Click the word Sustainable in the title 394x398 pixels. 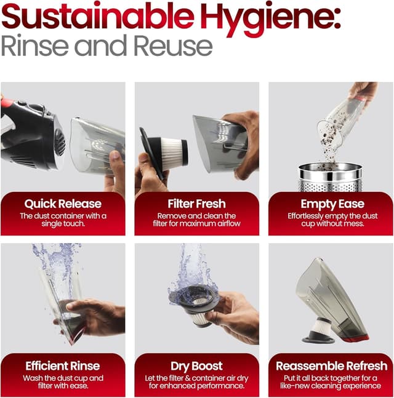click(97, 17)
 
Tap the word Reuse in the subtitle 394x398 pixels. click(173, 46)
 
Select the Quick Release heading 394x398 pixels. click(63, 204)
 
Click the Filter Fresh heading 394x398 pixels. click(196, 204)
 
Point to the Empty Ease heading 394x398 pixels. click(332, 204)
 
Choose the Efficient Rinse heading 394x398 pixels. click(63, 366)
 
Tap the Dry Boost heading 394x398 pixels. click(196, 367)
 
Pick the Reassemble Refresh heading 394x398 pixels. click(331, 366)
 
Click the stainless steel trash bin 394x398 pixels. click(330, 178)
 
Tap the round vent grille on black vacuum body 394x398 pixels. click(60, 142)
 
